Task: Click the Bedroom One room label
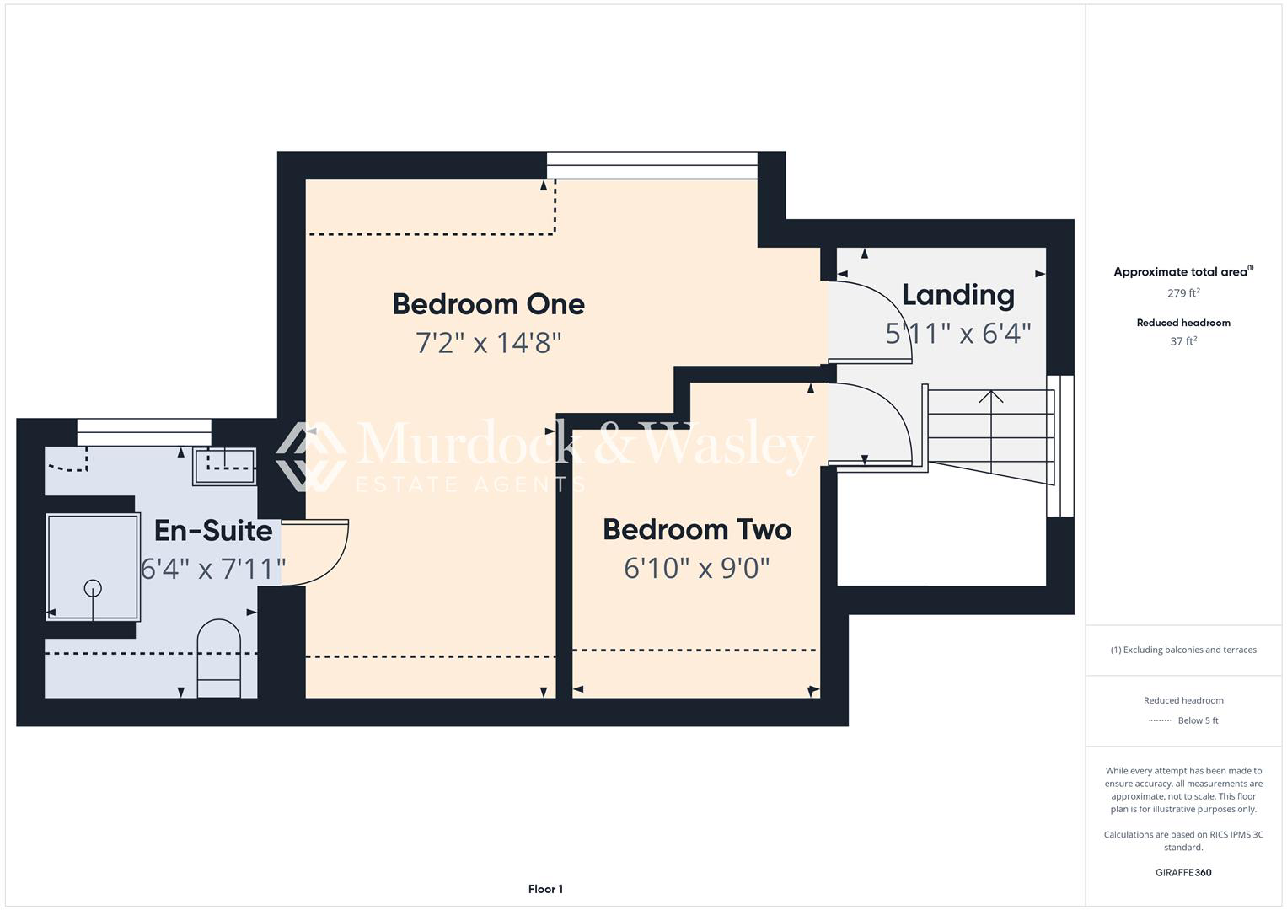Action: (488, 304)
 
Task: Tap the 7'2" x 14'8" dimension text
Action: (488, 343)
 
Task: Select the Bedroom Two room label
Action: (697, 529)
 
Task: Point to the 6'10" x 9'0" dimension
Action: (697, 568)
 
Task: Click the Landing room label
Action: (957, 295)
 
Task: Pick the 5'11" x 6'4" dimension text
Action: (957, 333)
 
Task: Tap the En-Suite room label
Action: (213, 530)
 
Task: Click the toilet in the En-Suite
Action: (219, 658)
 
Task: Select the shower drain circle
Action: (93, 588)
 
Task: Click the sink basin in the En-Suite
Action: (224, 467)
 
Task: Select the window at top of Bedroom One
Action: (652, 165)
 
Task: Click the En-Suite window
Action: (144, 432)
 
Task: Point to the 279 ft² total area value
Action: (1183, 293)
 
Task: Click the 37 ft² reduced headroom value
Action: (1183, 341)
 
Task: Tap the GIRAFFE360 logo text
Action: (1183, 872)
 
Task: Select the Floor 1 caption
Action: (545, 889)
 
